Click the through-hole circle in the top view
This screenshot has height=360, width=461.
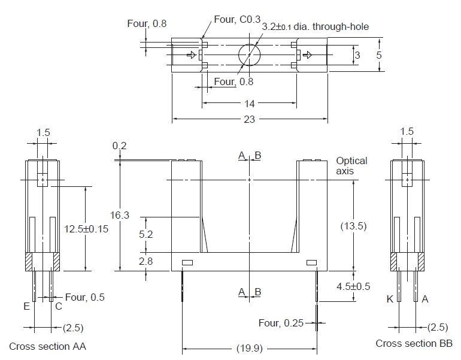[249, 55]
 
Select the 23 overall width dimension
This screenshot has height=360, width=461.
[249, 119]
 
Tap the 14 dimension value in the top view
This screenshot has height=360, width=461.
[249, 104]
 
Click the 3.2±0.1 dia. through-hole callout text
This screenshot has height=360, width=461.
[315, 26]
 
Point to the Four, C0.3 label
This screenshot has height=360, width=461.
[233, 19]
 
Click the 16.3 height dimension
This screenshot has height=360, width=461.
[120, 215]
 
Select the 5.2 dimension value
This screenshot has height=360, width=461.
[146, 234]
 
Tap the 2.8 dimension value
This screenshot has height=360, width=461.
[146, 262]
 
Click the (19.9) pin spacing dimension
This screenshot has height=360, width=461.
[249, 348]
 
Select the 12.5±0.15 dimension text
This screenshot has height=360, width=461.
[86, 229]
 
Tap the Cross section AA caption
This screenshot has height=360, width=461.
[47, 346]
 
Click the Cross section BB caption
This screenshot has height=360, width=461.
[414, 343]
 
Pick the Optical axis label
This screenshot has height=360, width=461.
[351, 165]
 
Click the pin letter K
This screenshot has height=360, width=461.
[390, 299]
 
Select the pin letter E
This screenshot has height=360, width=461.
[27, 306]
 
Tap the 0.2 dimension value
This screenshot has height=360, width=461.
[120, 146]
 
